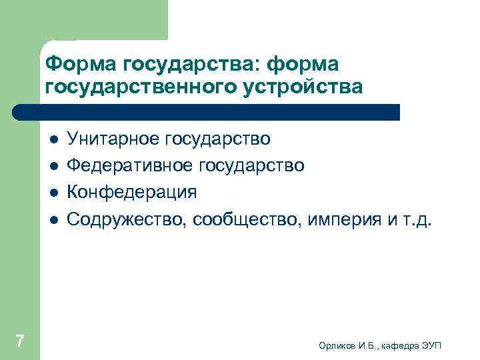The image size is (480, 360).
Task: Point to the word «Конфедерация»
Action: (132, 192)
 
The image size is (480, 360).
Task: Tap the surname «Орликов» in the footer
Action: (337, 344)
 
